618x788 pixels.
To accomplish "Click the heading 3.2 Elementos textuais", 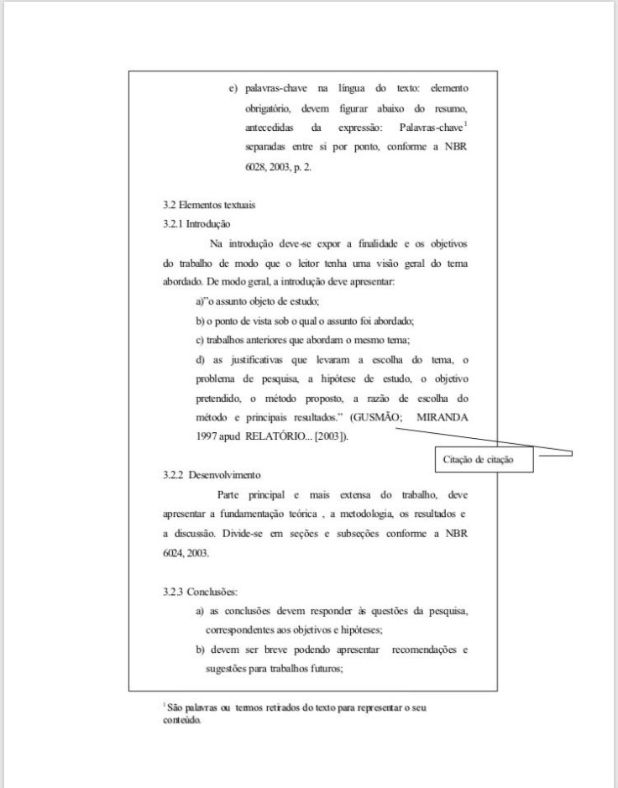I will coord(209,205).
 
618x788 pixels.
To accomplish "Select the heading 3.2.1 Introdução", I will coord(196,224).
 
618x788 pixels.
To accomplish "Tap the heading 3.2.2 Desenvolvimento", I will coord(212,475).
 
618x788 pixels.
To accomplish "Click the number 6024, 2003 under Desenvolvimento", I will coord(186,553).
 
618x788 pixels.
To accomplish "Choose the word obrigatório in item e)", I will coord(268,109).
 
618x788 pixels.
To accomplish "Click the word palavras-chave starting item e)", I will coord(276,88).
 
